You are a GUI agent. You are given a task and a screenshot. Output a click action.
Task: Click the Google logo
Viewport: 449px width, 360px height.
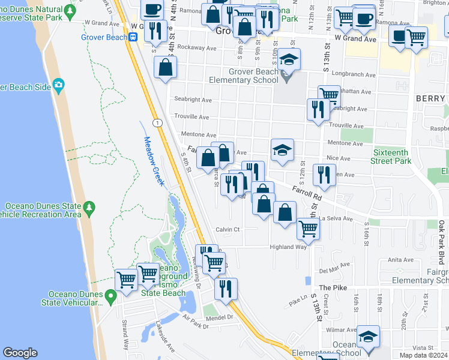pyautogui.click(x=20, y=353)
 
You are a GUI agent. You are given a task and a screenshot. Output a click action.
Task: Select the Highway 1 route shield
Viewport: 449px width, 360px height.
pyautogui.click(x=156, y=123)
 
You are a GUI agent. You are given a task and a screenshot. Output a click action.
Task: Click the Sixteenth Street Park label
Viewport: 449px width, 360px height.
pyautogui.click(x=391, y=157)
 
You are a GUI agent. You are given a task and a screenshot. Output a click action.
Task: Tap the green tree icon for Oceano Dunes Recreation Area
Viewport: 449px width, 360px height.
pyautogui.click(x=89, y=208)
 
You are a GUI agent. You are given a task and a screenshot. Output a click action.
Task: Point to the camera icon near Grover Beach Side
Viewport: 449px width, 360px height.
pyautogui.click(x=58, y=86)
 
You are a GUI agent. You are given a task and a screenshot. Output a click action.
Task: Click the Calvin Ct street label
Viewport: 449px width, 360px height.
pyautogui.click(x=228, y=229)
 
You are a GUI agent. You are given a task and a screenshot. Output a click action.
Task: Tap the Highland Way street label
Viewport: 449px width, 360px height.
pyautogui.click(x=288, y=247)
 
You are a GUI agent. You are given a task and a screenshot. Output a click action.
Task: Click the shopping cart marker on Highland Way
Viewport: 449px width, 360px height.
pyautogui.click(x=308, y=229)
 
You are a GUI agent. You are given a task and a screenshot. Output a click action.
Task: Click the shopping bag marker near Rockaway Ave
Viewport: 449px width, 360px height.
pyautogui.click(x=165, y=68)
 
